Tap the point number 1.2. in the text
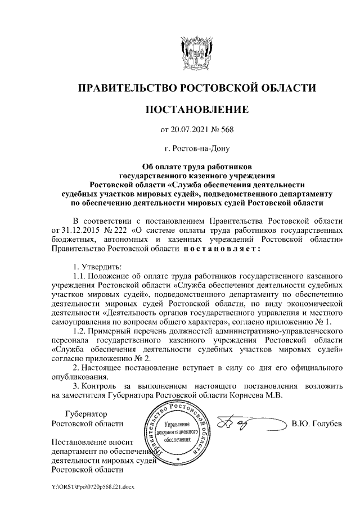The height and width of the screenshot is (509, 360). (82, 331)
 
